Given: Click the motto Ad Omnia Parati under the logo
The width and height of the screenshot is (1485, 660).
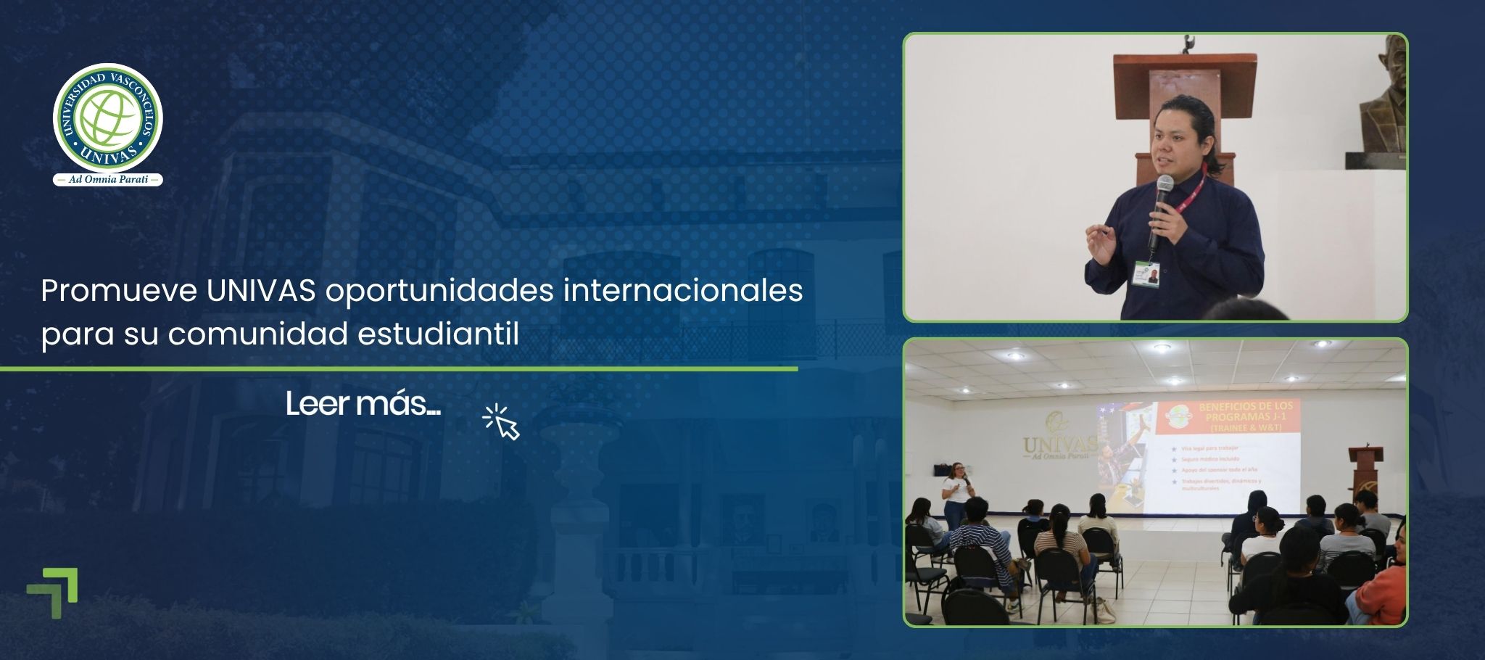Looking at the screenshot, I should tap(107, 180).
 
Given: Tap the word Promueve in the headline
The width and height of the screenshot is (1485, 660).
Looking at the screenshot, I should tap(119, 292).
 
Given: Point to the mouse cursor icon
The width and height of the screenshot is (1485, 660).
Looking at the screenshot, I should tap(502, 422).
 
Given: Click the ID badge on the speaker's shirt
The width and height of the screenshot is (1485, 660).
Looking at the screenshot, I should tap(1146, 274).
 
